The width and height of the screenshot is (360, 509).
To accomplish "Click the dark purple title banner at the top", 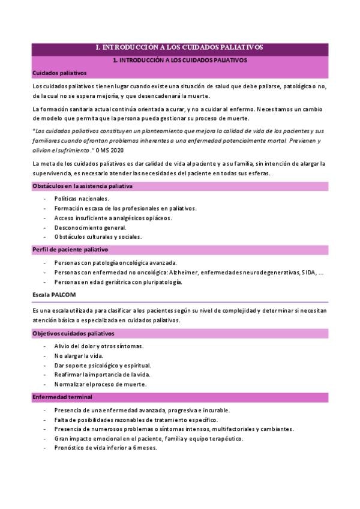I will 179,47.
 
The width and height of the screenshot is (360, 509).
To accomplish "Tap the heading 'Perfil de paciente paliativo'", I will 70,249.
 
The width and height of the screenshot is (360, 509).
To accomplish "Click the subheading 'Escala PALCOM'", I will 55,295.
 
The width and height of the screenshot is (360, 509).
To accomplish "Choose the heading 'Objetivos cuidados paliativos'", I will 73,333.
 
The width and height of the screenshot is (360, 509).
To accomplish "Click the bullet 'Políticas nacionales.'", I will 82,198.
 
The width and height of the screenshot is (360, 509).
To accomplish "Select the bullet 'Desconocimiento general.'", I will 90,227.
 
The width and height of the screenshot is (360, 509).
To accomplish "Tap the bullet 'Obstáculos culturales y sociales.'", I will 98,236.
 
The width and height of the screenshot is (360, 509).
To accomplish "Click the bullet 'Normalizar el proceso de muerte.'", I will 100,384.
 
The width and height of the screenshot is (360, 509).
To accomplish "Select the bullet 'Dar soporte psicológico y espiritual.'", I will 102,365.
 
